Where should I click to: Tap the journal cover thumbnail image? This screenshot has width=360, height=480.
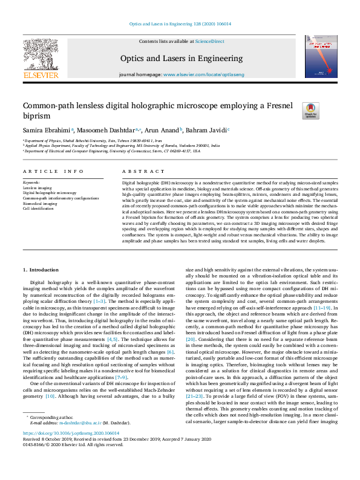click(321, 56)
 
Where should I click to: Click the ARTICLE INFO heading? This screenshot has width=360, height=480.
click(53, 172)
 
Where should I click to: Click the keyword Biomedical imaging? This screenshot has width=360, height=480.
click(40, 204)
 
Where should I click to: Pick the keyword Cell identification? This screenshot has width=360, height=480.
click(39, 209)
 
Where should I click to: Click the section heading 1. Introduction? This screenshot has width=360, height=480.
click(41, 269)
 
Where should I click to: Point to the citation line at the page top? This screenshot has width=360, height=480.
click(180, 24)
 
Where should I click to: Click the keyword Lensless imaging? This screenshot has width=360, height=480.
click(37, 187)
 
